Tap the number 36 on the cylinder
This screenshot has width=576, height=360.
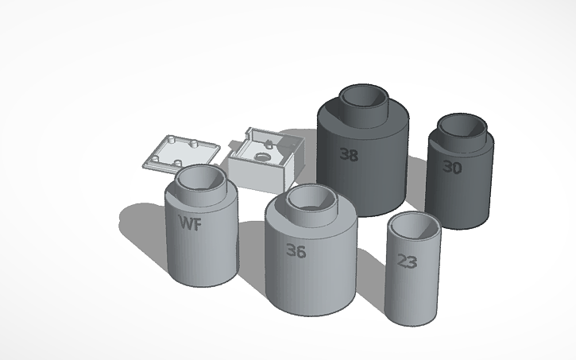click(x=296, y=251)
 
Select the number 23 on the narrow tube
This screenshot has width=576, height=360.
click(x=406, y=261)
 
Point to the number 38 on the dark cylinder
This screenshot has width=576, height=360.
click(x=348, y=154)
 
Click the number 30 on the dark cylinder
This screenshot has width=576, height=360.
click(x=452, y=167)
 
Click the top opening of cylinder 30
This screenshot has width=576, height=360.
click(x=462, y=125)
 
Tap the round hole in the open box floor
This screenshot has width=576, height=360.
click(x=260, y=157)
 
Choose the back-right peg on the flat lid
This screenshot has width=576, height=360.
click(x=193, y=145)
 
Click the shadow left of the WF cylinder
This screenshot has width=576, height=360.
click(x=143, y=219)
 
